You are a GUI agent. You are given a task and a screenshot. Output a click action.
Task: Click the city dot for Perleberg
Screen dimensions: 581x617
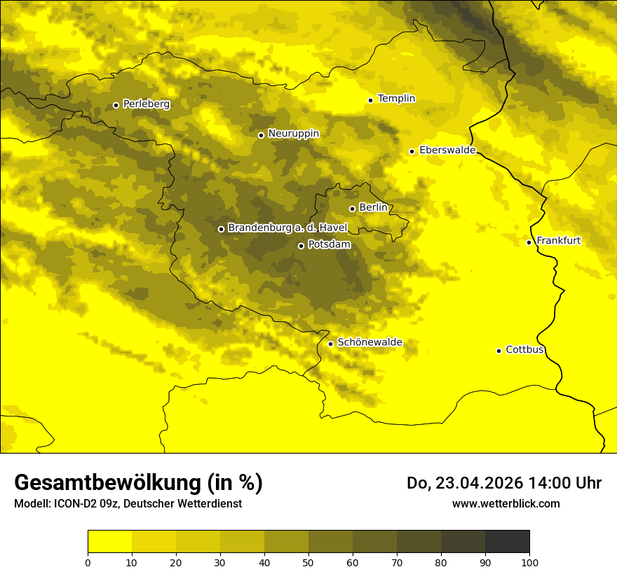(116, 105)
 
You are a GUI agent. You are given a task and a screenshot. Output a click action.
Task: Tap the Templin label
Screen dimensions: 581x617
(396, 99)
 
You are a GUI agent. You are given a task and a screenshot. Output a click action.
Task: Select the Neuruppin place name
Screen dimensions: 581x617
(293, 134)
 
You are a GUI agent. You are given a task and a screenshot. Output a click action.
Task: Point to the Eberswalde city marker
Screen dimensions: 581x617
(412, 151)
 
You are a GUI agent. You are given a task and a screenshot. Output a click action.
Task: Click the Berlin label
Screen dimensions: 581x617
(373, 208)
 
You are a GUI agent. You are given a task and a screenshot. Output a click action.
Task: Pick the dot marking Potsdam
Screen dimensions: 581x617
(301, 246)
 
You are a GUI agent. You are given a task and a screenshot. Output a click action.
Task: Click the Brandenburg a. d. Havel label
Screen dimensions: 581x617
(283, 228)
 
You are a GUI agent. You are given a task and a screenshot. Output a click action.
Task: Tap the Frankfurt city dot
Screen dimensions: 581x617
(529, 242)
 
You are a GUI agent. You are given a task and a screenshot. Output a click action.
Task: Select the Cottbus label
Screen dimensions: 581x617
(524, 350)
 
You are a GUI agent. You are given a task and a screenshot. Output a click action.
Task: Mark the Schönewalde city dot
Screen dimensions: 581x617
(330, 344)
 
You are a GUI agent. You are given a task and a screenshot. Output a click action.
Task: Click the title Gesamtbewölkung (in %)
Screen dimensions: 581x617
(138, 483)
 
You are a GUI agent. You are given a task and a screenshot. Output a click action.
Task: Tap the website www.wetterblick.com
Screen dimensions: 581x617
(506, 503)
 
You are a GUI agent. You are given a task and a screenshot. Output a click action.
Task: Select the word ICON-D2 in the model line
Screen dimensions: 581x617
(74, 504)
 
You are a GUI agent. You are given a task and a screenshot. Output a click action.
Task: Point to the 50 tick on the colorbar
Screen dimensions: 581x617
(308, 561)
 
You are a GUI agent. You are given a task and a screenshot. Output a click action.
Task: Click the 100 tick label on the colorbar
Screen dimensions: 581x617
(529, 561)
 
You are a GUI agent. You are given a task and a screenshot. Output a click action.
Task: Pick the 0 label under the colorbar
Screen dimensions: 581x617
(88, 561)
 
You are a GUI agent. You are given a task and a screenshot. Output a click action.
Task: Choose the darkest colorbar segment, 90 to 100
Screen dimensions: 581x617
(507, 542)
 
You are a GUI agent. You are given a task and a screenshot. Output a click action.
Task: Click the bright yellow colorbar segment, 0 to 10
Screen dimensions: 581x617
(109, 542)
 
